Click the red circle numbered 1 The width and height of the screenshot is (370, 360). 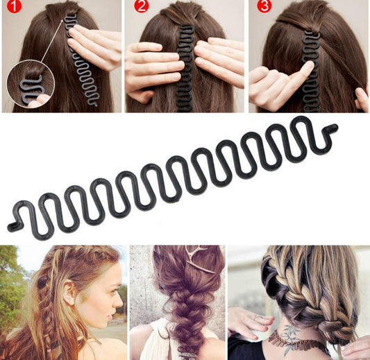pyautogui.click(x=14, y=6)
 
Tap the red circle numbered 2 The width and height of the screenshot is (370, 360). pyautogui.click(x=142, y=6)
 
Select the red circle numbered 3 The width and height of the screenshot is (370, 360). pyautogui.click(x=264, y=6)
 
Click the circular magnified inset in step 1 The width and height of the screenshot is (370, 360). pyautogui.click(x=31, y=84)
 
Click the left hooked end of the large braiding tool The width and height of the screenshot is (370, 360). pyautogui.click(x=14, y=226)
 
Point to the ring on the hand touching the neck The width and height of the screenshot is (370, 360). pyautogui.click(x=256, y=318)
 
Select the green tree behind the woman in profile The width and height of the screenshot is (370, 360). pyautogui.click(x=10, y=283)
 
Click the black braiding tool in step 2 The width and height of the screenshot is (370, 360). pyautogui.click(x=186, y=69)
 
